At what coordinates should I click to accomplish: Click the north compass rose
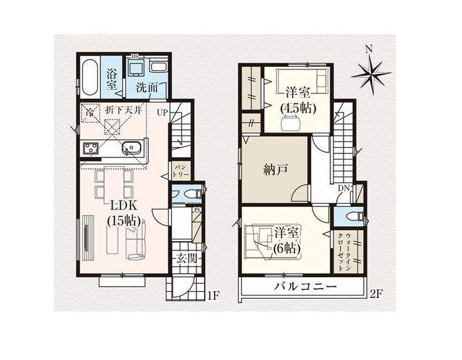tap(371, 70)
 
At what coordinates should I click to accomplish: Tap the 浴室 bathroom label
tap(112, 79)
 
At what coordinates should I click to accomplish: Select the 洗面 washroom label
tap(148, 87)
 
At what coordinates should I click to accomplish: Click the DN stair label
tap(343, 188)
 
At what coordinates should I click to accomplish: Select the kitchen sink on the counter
tap(132, 148)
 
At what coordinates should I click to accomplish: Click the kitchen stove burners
tap(91, 148)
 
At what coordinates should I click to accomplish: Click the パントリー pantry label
tap(181, 170)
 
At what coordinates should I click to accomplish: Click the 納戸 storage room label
tap(274, 170)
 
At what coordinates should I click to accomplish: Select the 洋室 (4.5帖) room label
tap(298, 99)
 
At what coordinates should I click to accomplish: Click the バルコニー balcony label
tap(305, 287)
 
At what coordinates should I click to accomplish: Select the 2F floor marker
tap(376, 294)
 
